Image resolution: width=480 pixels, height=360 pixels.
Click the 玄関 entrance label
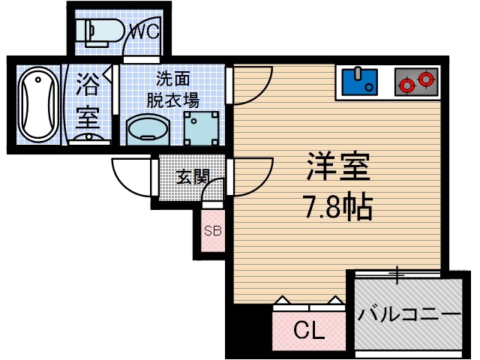193,177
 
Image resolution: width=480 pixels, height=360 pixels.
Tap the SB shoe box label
212,231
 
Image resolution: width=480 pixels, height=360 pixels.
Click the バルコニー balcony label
408,313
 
